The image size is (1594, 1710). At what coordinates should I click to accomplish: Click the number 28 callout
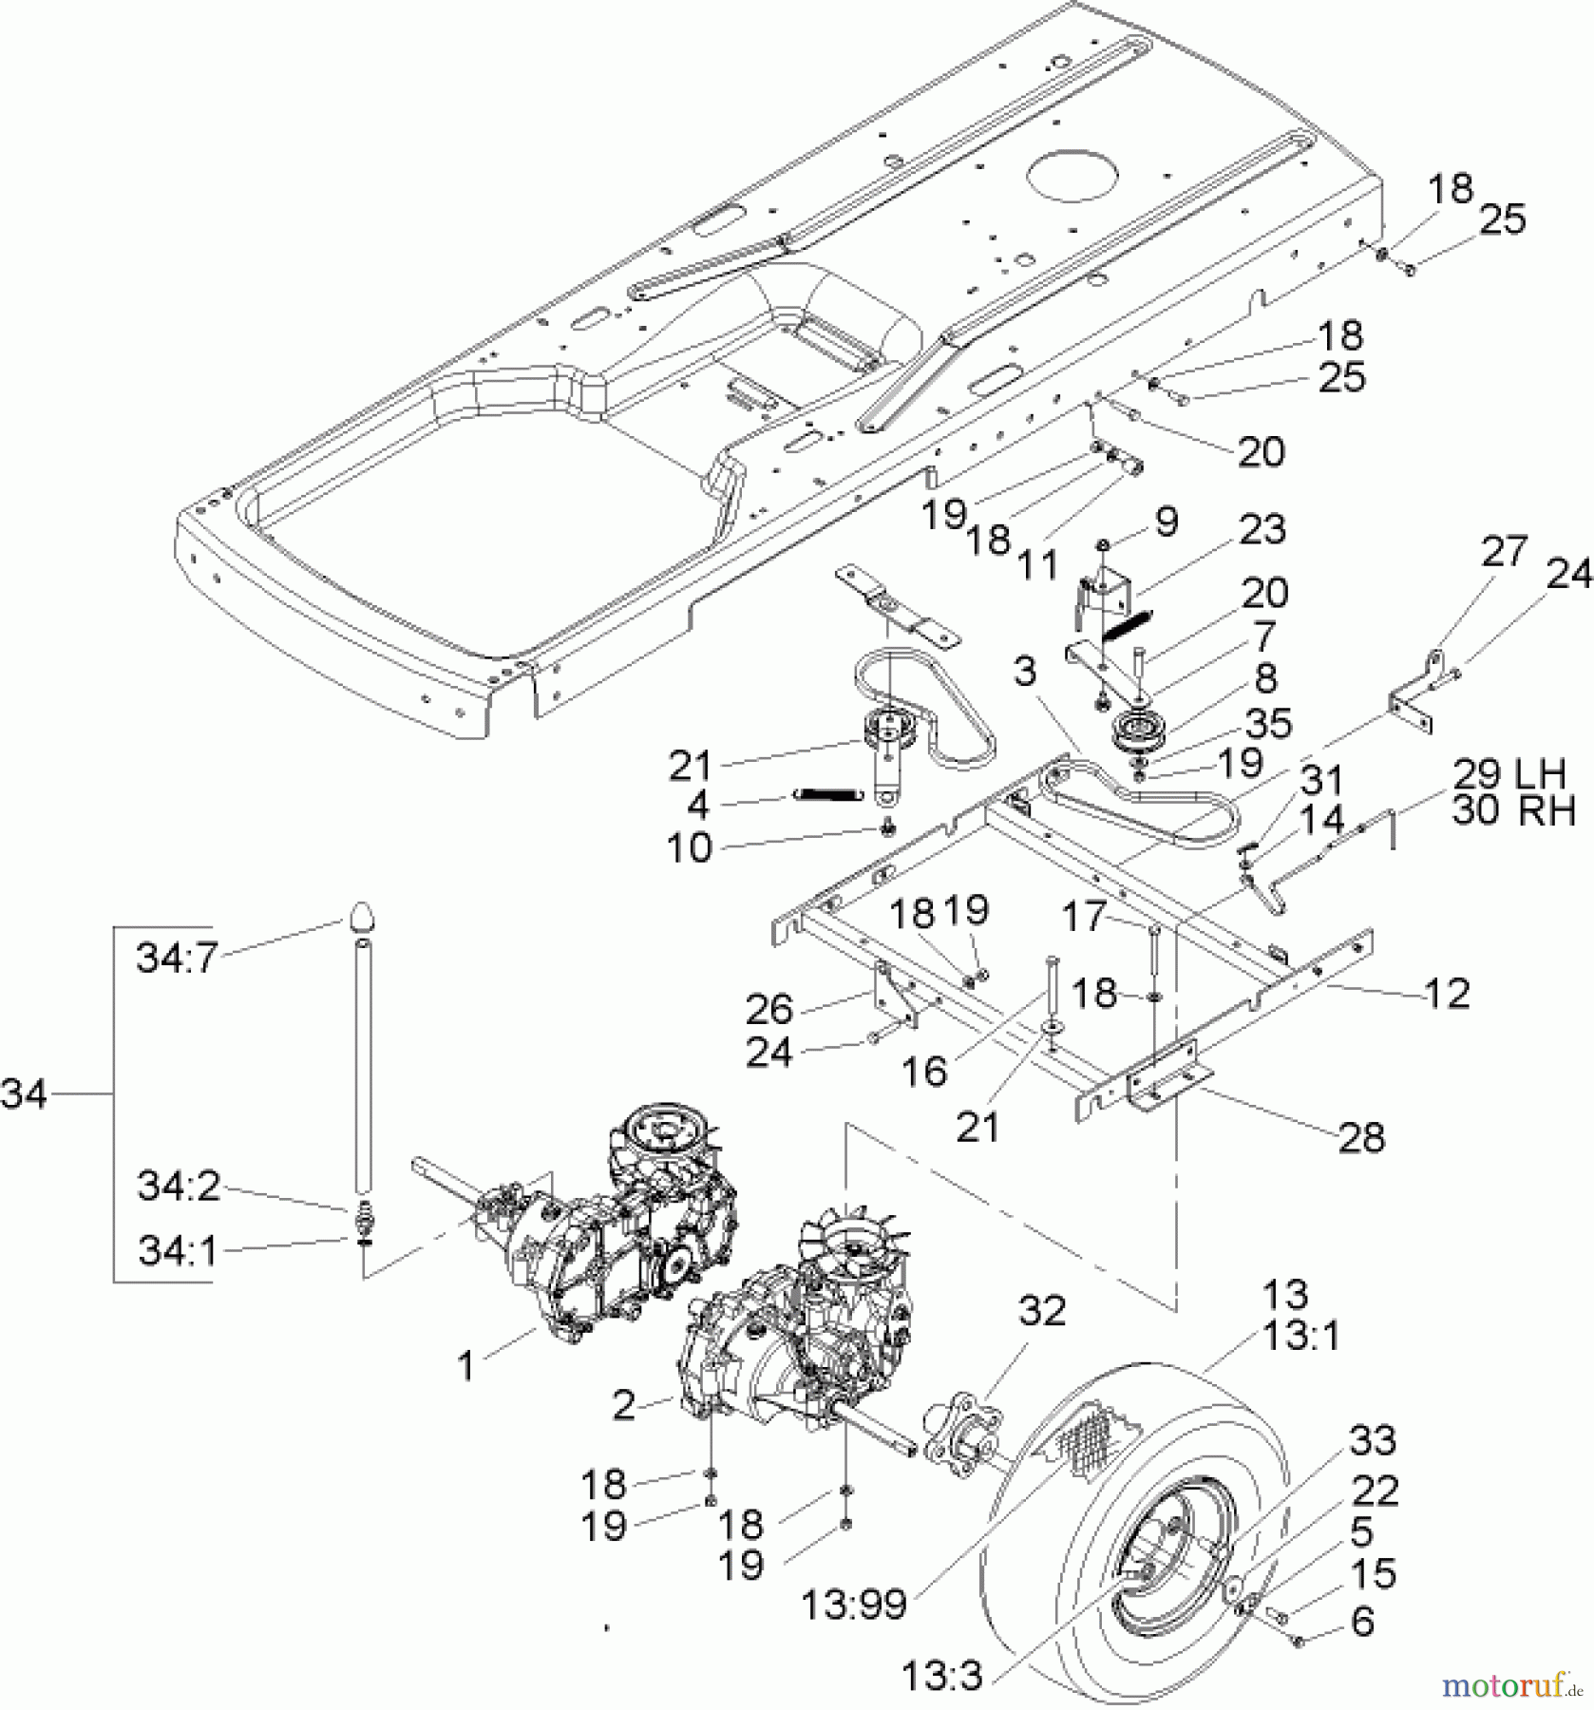pos(1361,1136)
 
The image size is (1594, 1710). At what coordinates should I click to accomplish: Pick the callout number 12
pos(1447,994)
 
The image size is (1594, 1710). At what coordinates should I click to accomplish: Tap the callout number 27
pos(1503,552)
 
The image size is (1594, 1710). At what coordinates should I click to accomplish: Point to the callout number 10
pos(689,848)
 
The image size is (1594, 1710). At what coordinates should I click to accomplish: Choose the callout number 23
pos(1262,530)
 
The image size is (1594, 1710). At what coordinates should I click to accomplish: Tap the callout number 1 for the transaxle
pos(465,1366)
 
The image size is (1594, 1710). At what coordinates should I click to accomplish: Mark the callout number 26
pos(769,1009)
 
